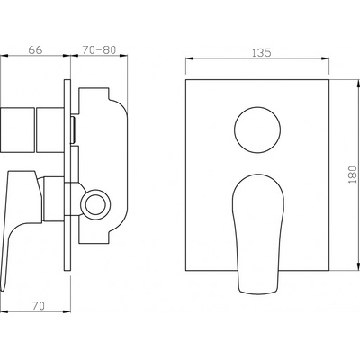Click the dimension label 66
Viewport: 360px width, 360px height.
pos(35,49)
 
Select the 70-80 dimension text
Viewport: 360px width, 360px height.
pos(99,49)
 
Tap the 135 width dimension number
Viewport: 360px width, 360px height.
pos(261,53)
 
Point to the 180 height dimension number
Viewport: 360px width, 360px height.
pos(353,175)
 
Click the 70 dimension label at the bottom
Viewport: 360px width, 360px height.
pos(39,306)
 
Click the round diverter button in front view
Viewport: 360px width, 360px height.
pos(257,130)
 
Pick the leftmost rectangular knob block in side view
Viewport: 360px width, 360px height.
pos(17,130)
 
